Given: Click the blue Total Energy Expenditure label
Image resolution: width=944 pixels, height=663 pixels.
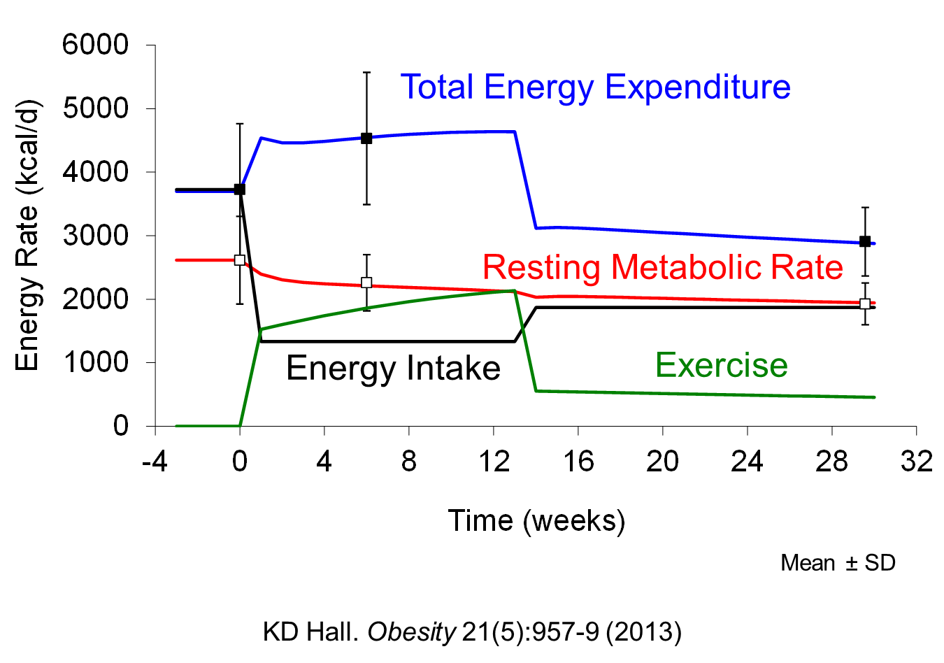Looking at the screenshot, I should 595,87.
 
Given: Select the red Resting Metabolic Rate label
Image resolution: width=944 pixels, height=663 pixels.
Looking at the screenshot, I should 662,268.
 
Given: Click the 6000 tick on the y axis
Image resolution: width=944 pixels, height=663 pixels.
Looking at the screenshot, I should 96,45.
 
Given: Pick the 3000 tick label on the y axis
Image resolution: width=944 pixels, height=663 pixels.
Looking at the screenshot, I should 96,236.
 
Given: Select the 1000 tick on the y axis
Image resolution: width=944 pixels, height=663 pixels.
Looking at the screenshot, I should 96,362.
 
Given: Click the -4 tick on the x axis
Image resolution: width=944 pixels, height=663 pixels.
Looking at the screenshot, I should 155,462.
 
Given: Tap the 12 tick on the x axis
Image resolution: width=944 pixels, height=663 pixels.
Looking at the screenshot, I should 494,462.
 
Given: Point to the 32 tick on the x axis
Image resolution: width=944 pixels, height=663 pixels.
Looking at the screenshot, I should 916,462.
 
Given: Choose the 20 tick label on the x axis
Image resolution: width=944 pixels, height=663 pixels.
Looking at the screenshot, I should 662,462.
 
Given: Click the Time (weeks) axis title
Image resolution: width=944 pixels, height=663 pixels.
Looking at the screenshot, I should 536,521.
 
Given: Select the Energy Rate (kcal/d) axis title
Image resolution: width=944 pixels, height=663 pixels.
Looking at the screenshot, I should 27,236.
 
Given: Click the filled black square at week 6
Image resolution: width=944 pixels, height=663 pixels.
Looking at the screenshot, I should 366,138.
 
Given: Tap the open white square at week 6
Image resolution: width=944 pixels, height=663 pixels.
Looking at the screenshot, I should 366,283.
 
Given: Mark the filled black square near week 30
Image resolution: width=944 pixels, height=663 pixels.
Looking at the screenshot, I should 865,241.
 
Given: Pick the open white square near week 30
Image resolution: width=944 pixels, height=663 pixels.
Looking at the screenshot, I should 865,304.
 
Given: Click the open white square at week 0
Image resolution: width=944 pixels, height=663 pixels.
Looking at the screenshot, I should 240,260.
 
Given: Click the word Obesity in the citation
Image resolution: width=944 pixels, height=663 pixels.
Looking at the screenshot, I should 411,632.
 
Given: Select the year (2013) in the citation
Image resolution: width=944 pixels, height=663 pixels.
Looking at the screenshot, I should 643,632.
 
